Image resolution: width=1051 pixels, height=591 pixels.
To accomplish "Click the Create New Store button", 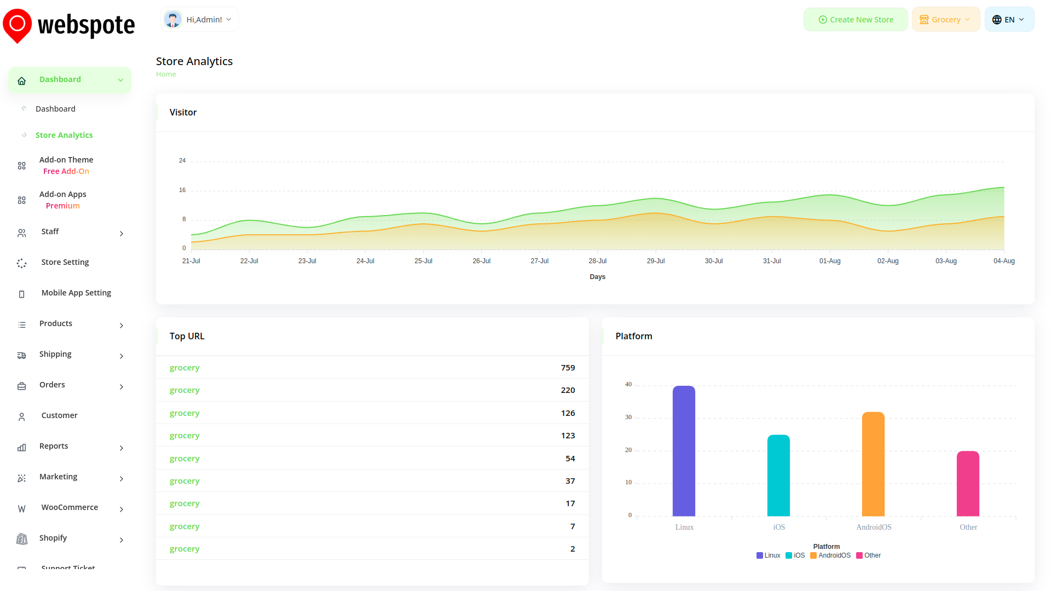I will click(x=856, y=20).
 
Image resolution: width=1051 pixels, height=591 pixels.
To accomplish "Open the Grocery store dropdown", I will click(x=945, y=20).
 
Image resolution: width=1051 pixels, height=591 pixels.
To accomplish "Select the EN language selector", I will click(x=1009, y=20).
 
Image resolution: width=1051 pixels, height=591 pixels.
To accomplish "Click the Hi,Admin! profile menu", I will click(x=199, y=20).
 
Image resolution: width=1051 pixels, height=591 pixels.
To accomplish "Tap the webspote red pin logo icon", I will click(x=17, y=25).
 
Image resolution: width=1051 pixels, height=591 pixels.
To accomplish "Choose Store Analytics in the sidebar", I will click(x=64, y=135).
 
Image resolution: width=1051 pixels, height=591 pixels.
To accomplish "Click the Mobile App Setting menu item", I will click(x=76, y=293).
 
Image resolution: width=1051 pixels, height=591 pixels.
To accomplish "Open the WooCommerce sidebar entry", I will click(x=70, y=507).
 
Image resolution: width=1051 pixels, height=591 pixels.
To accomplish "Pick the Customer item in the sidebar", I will click(x=59, y=415).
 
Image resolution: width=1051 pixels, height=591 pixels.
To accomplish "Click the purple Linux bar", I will click(x=684, y=451).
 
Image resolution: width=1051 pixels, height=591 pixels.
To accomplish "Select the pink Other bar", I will click(x=968, y=484).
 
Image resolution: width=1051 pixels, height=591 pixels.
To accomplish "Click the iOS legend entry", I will click(x=795, y=555).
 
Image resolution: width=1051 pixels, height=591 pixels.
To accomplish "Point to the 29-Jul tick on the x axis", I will click(x=656, y=261).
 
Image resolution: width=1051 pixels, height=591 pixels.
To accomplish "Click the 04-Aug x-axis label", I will click(x=1004, y=261).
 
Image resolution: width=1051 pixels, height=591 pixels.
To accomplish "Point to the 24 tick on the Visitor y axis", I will click(x=182, y=160).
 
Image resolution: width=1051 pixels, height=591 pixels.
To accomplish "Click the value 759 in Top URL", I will click(x=568, y=368).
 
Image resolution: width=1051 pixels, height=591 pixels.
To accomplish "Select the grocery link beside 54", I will click(x=184, y=459).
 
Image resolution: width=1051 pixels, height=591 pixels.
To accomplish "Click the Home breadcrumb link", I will click(x=166, y=74).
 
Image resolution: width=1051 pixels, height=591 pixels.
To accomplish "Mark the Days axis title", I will click(x=597, y=277).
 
